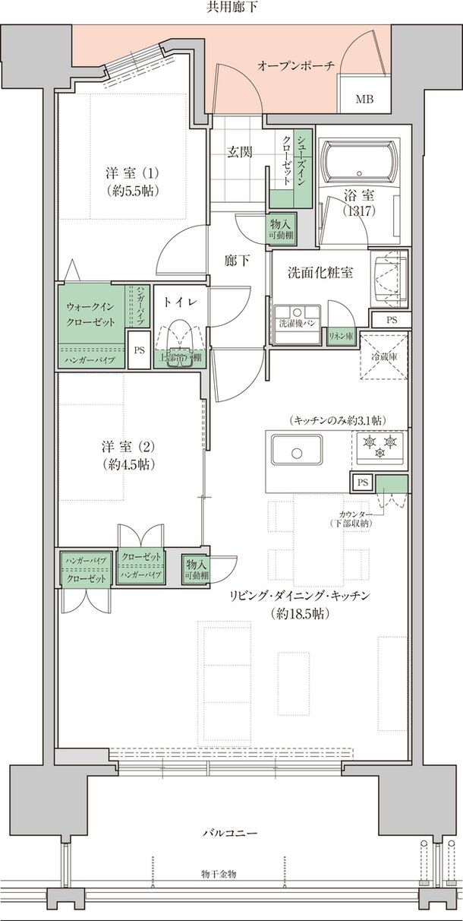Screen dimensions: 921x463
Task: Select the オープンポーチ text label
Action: click(296, 66)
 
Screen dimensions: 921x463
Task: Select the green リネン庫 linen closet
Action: click(339, 336)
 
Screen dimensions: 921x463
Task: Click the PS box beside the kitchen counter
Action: click(362, 481)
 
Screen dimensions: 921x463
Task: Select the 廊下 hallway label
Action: click(237, 261)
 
